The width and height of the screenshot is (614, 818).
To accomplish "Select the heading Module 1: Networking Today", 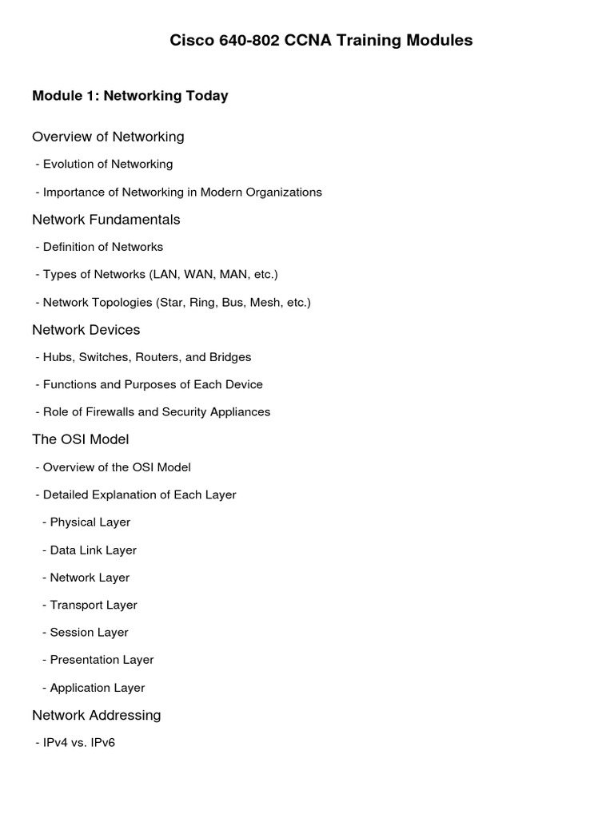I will coord(130,96).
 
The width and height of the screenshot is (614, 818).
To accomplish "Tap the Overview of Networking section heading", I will coord(108,137).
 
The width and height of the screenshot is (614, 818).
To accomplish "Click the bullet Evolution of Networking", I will coord(107,165).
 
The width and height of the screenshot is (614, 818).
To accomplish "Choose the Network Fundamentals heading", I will coord(106,220).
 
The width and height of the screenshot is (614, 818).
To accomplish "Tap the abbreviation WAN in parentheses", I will coord(198,275).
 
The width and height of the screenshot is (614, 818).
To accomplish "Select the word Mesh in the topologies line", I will coord(265,303).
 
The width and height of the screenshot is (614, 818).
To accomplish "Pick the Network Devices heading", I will coord(86,330).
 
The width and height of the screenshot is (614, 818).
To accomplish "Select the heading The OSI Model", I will coord(80,439).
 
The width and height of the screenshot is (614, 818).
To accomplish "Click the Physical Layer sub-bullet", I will coord(90,522).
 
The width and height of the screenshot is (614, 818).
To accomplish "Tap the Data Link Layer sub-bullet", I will coord(93,550).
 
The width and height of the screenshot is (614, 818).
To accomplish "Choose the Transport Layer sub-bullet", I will coord(93,606).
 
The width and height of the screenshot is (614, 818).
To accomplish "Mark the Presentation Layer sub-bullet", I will coord(102,660).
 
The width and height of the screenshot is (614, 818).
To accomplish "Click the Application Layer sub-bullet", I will coord(97,688).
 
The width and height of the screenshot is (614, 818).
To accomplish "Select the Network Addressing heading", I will coord(96,715).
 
